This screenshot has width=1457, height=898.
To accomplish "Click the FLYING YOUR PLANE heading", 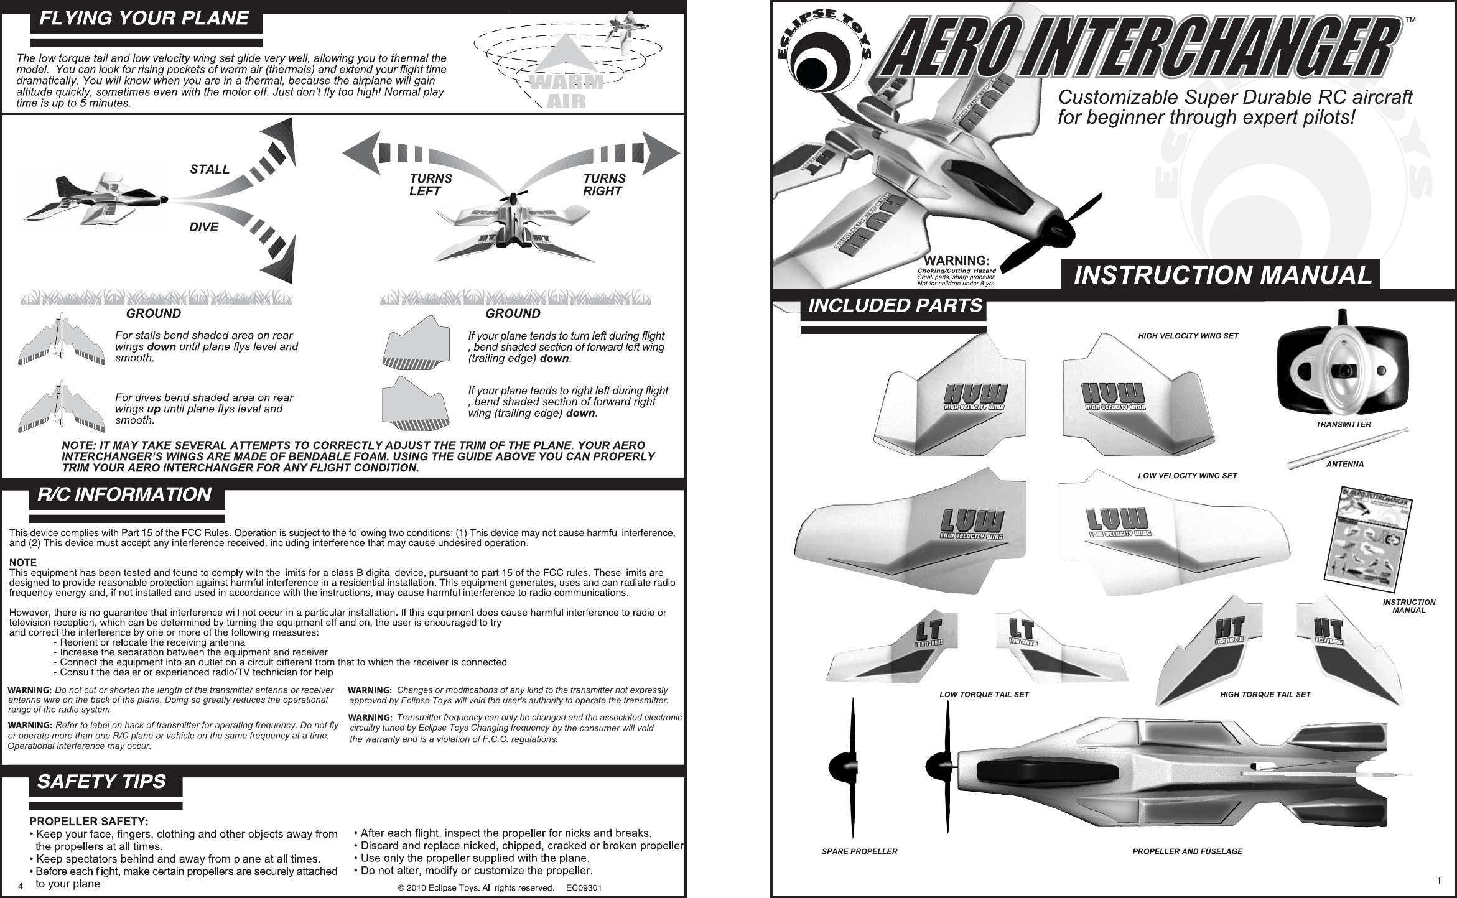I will pyautogui.click(x=144, y=18).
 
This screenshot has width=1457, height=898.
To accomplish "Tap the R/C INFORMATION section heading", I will pyautogui.click(x=124, y=495).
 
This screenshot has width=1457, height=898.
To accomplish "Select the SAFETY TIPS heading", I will pyautogui.click(x=102, y=782).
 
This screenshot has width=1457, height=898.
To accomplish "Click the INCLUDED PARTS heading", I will pyautogui.click(x=895, y=306).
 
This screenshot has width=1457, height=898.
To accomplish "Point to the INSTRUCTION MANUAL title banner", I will pyautogui.click(x=1223, y=275).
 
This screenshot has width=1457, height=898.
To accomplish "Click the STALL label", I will pyautogui.click(x=210, y=170).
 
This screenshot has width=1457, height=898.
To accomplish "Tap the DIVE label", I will pyautogui.click(x=203, y=228).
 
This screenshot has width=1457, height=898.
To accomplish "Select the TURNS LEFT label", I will pyautogui.click(x=431, y=185).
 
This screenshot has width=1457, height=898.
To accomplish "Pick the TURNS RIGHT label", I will pyautogui.click(x=604, y=185).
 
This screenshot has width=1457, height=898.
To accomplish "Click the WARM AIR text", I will pyautogui.click(x=566, y=91).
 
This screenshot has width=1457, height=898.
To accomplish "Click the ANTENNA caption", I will pyautogui.click(x=1345, y=465).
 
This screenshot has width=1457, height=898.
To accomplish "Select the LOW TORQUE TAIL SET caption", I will pyautogui.click(x=984, y=694).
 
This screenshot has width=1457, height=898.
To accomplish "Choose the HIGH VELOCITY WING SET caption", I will pyautogui.click(x=1188, y=336).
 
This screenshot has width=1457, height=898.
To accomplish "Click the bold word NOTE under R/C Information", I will pyautogui.click(x=23, y=563).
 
